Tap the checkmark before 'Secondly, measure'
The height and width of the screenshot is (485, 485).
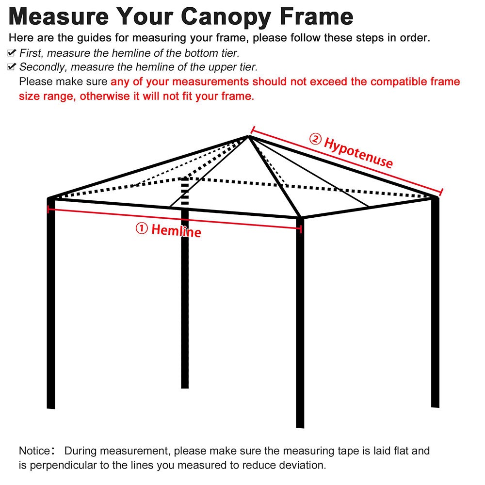pos(13,67)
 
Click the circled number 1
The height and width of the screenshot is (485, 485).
pos(141,228)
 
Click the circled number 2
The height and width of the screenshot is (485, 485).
pos(315,140)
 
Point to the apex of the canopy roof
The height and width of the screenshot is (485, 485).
pos(249,136)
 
